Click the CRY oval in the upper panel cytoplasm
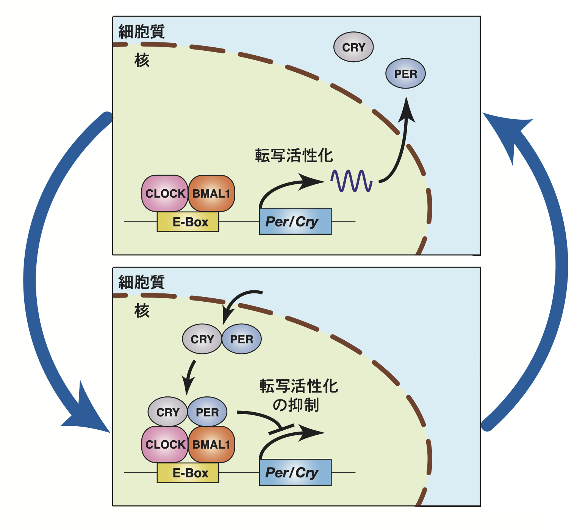[x=353, y=47]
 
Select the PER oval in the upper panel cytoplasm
[x=405, y=73]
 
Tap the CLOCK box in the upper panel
[x=165, y=193]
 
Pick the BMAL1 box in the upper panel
[x=211, y=193]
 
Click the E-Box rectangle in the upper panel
[x=188, y=221]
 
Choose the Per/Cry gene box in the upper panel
[x=295, y=221]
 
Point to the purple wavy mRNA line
[x=352, y=181]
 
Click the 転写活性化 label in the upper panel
[x=294, y=156]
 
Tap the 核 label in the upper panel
[x=142, y=60]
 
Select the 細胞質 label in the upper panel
[x=141, y=31]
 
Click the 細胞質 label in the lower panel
[x=141, y=282]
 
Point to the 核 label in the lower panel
[x=142, y=311]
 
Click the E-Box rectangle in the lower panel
[x=188, y=473]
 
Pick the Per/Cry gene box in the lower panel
[x=295, y=472]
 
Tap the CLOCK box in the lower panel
[x=165, y=444]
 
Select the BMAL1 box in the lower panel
[x=211, y=444]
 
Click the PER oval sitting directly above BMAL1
[x=207, y=412]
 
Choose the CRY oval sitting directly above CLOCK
[x=167, y=412]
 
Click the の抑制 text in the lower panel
[x=296, y=405]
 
